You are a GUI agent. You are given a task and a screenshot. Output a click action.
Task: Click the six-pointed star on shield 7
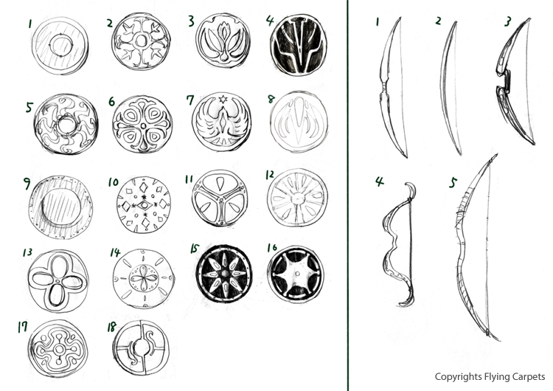[x=222, y=99]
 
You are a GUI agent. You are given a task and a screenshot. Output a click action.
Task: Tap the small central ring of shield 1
[x=50, y=45]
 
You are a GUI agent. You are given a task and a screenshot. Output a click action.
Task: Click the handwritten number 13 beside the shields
[x=27, y=252]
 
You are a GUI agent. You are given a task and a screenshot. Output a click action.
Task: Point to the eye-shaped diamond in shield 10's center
[x=144, y=205]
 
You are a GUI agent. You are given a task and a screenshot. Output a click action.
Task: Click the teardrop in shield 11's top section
[x=220, y=184]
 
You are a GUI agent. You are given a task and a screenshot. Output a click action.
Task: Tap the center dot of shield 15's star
[x=224, y=274]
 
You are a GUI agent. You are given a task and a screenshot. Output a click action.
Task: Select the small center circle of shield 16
[x=297, y=274]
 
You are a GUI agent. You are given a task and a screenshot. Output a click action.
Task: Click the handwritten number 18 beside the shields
[x=112, y=327]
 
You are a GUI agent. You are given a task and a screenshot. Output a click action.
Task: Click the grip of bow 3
[x=504, y=80]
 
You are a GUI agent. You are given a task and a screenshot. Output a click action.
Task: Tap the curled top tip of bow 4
[x=411, y=190]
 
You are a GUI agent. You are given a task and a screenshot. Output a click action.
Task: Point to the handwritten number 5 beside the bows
[x=453, y=182]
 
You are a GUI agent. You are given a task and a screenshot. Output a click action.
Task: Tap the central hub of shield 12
[x=297, y=198]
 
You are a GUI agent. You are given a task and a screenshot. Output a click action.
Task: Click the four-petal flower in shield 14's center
[x=143, y=277]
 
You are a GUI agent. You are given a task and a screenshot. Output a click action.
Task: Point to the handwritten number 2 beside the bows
[x=438, y=21]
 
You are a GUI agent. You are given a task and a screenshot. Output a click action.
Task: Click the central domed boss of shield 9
[x=60, y=207]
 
